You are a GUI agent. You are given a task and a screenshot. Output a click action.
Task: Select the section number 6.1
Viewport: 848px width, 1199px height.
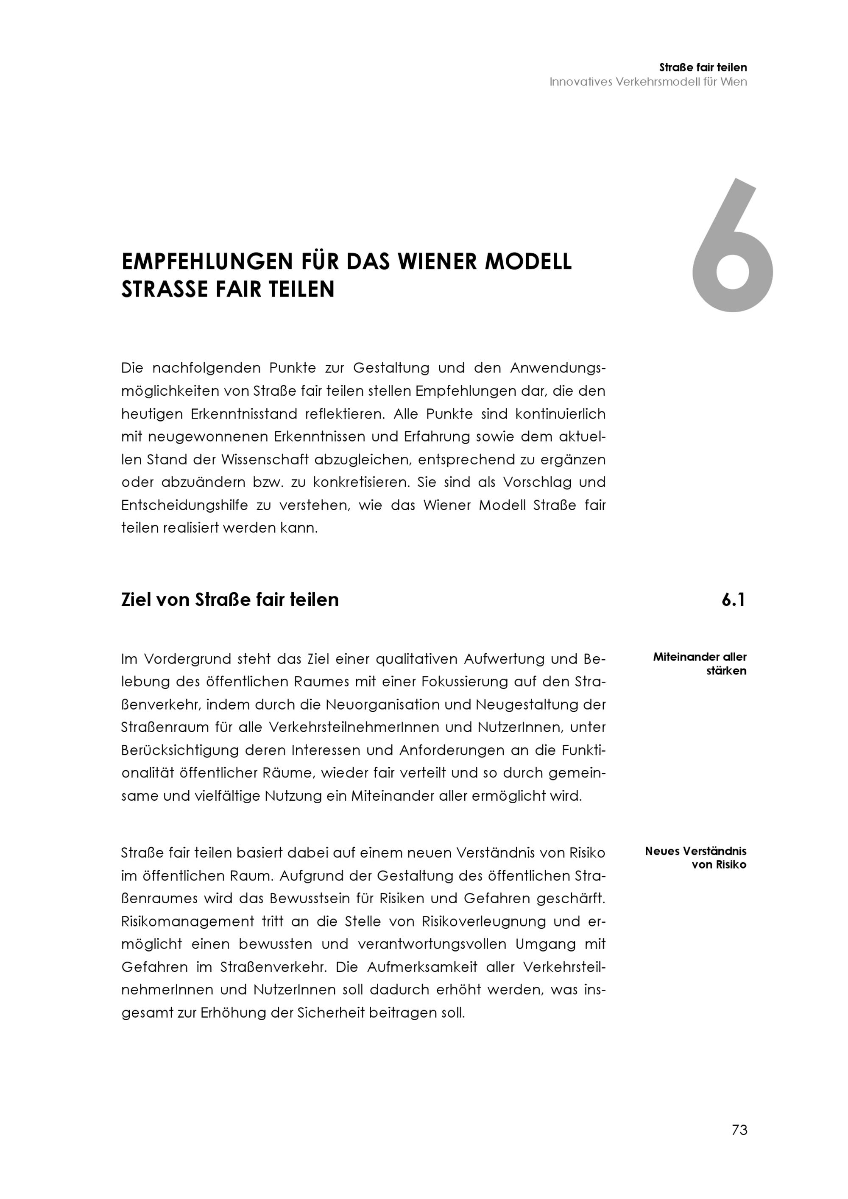pyautogui.click(x=733, y=600)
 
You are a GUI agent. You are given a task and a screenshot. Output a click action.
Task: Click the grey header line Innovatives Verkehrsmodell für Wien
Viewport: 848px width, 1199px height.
pyautogui.click(x=648, y=82)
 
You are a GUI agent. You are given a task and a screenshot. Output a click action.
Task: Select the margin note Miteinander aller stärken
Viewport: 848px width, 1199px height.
pyautogui.click(x=700, y=664)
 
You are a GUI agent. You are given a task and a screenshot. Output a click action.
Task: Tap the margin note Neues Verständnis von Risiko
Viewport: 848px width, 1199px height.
pyautogui.click(x=695, y=858)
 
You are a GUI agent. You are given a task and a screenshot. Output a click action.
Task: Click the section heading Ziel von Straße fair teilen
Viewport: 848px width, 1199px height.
pyautogui.click(x=230, y=599)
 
